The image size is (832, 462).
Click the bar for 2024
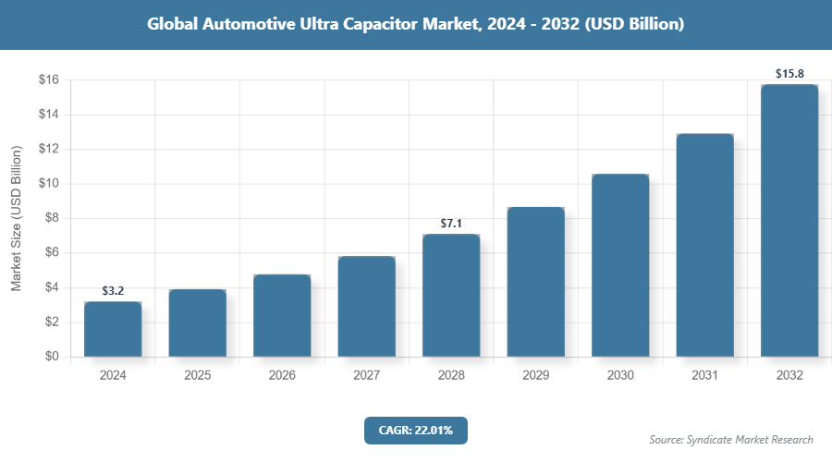coord(113,329)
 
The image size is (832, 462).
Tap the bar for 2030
coord(620,265)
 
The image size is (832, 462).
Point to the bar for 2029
coord(535,282)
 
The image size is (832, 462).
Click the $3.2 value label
coord(113,291)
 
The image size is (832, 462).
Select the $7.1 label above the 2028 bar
coord(451,224)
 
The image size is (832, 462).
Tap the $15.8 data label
coord(789,73)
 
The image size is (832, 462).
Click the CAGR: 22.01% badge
coord(416,430)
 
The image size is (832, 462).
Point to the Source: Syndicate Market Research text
coord(731,439)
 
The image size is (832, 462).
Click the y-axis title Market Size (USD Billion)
coord(16,218)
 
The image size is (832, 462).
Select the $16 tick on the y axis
coord(49,80)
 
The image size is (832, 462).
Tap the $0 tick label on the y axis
coord(53,357)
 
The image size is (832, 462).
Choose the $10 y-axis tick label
coord(49,184)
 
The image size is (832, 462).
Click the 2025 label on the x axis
coord(197,376)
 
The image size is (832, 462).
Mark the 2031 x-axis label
coord(704,376)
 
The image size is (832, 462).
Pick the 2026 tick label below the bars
coord(282,376)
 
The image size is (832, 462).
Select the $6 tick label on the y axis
coord(53,253)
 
